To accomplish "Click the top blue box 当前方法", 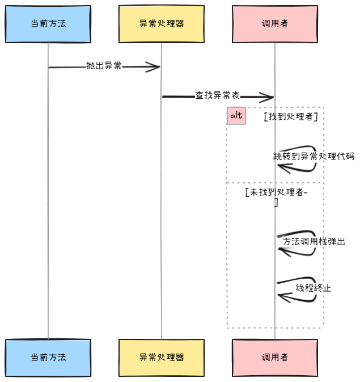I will tap(48, 24).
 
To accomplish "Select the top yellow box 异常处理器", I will tap(162, 24).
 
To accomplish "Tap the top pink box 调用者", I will tap(275, 24).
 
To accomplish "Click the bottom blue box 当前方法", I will tap(48, 358).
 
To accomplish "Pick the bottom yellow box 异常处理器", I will tap(162, 358).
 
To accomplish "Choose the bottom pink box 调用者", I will tap(275, 358).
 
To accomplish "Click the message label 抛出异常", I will tap(104, 66).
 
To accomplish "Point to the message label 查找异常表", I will tap(217, 96).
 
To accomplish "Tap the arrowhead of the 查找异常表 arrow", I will tap(270, 97).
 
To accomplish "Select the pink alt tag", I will tap(236, 116).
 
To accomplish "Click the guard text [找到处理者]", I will tap(290, 116).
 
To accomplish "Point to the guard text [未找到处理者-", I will tap(276, 192).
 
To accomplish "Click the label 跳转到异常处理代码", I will tap(314, 156).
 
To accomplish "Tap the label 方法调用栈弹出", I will tap(314, 241).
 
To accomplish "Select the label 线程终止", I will tap(314, 288).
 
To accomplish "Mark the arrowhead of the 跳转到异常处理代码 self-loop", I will tap(281, 167).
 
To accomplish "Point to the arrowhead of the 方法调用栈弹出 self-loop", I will tap(281, 251).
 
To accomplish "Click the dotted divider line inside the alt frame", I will tap(249, 183).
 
